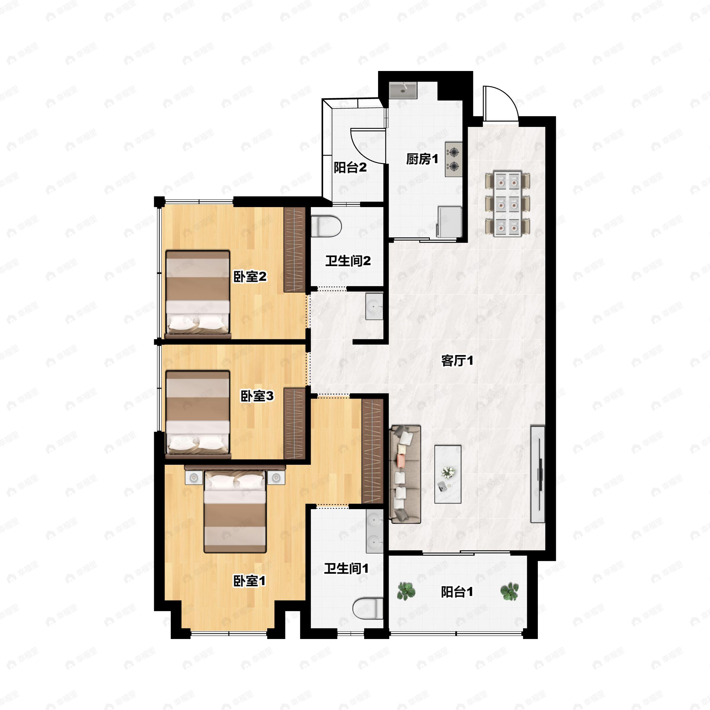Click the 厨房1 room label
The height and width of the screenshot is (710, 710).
coord(422,159)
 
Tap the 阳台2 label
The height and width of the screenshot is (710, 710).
coord(350,167)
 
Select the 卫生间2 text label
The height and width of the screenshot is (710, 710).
coord(348,261)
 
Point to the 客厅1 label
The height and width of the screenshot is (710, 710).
coord(457,361)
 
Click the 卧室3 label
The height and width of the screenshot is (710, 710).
coord(257,396)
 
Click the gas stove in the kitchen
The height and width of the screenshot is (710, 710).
coord(454,159)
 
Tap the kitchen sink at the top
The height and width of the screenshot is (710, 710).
coord(403,90)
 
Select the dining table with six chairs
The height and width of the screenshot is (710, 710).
coord(508,203)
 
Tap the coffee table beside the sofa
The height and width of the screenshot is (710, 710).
coord(448,474)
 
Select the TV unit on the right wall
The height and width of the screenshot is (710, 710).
coord(538,474)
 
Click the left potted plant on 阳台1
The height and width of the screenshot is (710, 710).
coord(406,591)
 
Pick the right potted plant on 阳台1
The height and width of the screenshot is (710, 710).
coord(510,591)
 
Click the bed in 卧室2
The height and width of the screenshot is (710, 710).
coord(198,294)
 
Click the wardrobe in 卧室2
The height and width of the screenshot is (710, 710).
coord(295,249)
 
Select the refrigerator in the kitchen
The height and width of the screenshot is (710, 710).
coord(449,222)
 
